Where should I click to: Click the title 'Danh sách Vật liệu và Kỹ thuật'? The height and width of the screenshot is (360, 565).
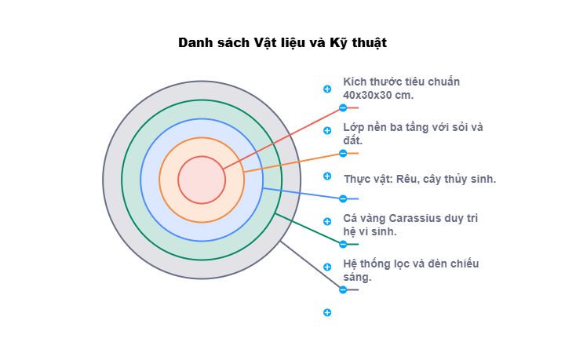click(282, 42)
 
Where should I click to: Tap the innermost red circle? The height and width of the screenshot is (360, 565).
click(202, 180)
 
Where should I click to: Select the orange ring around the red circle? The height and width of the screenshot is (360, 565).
click(202, 147)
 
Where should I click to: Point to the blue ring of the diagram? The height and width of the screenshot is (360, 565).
click(202, 129)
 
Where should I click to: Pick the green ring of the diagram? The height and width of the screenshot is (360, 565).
click(202, 110)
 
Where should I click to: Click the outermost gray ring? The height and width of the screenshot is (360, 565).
click(202, 90)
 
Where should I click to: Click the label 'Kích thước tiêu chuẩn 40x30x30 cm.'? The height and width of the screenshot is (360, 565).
click(401, 88)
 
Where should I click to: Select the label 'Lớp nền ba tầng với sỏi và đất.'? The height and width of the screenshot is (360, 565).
click(413, 133)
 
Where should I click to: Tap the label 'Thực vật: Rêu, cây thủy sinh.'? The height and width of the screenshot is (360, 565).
click(419, 179)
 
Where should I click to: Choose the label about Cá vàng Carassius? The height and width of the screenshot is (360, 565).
click(410, 224)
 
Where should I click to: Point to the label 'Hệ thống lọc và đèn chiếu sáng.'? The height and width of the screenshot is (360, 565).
click(410, 270)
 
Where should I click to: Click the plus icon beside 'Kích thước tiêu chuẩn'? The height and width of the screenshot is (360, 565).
click(327, 89)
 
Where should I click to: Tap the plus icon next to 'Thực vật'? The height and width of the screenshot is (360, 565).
click(327, 176)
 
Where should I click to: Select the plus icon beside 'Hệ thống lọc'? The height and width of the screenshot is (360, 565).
click(327, 267)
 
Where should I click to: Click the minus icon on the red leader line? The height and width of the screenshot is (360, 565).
click(343, 107)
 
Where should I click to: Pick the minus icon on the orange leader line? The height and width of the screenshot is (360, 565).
click(343, 153)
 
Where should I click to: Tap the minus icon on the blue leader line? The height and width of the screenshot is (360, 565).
click(343, 198)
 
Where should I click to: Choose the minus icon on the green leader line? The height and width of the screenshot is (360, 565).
click(343, 244)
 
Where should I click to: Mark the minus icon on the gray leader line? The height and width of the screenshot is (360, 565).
click(343, 289)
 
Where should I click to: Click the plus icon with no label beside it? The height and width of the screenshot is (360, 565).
click(327, 312)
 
